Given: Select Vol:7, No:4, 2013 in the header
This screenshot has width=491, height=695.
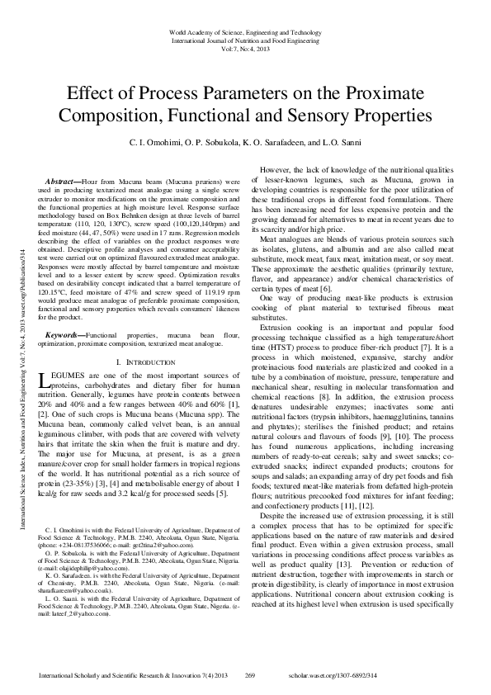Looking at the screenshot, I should [245, 49].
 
